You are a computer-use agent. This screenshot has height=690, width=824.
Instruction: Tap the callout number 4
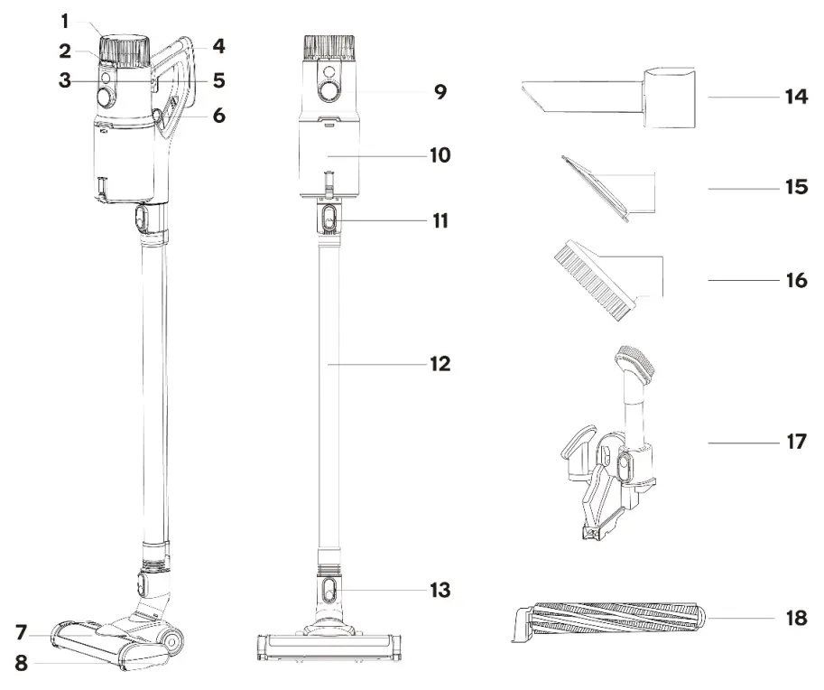coord(218,44)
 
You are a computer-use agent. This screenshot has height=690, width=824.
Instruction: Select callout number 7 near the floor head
coord(20,629)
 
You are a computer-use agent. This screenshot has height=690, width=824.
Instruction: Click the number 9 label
coord(440,91)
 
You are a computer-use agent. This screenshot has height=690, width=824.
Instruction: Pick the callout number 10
coord(440,154)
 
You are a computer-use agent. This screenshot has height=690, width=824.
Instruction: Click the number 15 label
coord(795,188)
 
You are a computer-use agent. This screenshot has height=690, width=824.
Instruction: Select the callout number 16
coord(795,281)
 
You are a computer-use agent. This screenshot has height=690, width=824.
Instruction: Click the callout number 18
coord(795,620)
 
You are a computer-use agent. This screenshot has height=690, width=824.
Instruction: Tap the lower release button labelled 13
coord(329,591)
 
